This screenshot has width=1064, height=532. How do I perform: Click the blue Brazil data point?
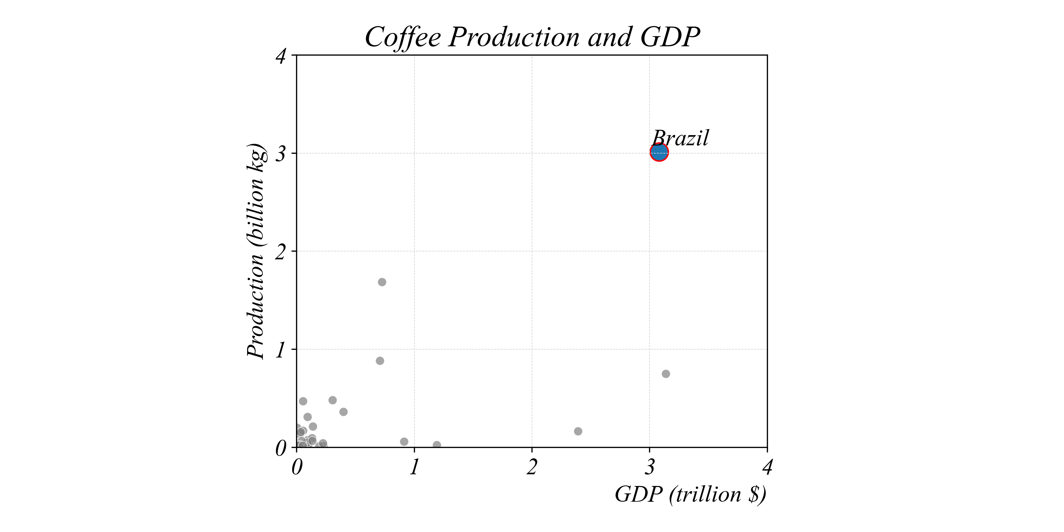(x=659, y=152)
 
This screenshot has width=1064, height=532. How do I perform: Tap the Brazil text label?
(x=680, y=138)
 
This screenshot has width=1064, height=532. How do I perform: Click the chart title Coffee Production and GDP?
(x=532, y=37)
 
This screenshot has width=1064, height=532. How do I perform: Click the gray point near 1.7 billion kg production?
(x=382, y=282)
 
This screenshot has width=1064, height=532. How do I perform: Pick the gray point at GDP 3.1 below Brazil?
(x=666, y=374)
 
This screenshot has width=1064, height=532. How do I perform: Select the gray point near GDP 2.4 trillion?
(x=578, y=431)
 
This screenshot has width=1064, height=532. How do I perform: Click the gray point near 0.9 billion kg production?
(x=380, y=361)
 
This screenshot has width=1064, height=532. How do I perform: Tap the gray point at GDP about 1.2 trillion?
(x=437, y=445)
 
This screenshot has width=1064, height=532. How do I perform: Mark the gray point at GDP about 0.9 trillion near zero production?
(x=404, y=442)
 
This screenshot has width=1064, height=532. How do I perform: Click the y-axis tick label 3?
(x=281, y=154)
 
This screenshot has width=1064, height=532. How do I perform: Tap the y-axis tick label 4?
(x=281, y=56)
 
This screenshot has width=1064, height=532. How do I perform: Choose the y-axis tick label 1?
(x=281, y=350)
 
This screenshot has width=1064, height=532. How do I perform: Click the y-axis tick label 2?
(x=281, y=252)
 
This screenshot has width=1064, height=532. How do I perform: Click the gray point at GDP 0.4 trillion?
(x=343, y=412)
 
